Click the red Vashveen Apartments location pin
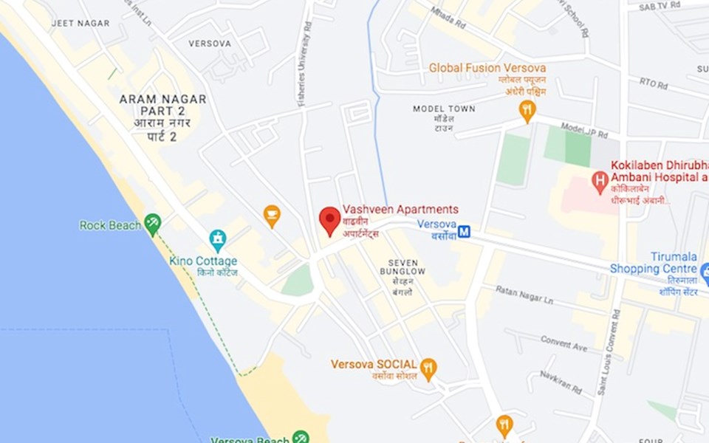tap(329, 219)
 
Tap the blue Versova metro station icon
tap(464, 232)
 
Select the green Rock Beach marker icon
tap(153, 222)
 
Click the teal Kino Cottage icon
tap(217, 239)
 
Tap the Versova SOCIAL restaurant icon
tap(428, 366)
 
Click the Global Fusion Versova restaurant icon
tap(527, 110)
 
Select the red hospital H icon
tap(600, 179)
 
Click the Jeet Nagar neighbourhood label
tap(80, 24)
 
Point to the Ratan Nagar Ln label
tap(524, 295)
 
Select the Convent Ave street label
tap(564, 343)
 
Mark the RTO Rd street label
tap(653, 83)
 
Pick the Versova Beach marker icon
tap(300, 436)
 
